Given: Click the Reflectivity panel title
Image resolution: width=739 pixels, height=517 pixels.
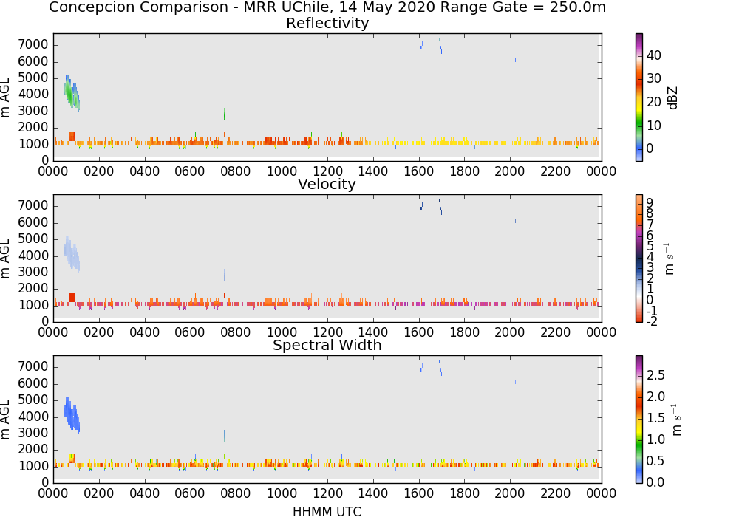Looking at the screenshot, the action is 327,23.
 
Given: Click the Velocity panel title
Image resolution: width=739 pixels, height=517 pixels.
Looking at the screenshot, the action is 327,184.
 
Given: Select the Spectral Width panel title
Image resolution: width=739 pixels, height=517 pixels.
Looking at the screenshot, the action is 327,345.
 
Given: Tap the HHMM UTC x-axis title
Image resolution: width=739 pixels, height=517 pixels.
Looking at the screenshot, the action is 327,511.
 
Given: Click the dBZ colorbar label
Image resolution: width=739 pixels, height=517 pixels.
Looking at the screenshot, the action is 672,97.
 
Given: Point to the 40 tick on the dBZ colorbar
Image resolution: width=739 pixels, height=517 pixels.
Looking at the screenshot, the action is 654,55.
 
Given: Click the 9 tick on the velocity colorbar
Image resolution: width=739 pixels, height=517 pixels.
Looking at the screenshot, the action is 650,202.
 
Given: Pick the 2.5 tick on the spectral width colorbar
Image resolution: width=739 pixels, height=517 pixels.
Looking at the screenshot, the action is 655,374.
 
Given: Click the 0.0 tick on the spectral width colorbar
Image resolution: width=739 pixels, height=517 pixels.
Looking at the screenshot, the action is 655,482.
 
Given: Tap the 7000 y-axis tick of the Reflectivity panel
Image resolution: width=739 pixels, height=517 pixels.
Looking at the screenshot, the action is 33,45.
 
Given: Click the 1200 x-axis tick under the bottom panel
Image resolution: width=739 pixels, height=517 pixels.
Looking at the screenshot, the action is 327,493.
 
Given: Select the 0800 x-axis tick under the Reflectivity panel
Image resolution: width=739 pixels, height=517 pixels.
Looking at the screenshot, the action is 236,171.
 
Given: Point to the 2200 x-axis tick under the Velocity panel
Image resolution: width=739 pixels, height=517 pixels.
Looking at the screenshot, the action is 556,332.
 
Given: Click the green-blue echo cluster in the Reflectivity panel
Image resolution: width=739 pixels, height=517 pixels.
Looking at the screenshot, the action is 72,93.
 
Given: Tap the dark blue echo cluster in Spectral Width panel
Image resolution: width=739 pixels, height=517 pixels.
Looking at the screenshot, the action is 72,415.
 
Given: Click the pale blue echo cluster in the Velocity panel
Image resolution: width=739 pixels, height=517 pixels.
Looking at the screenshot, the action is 72,254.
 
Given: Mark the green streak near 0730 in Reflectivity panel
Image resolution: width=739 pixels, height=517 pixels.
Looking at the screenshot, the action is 225,114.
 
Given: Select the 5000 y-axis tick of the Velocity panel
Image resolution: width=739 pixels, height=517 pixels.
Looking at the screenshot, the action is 33,239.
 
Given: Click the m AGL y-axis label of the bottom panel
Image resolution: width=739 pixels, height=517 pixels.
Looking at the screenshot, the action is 5,419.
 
